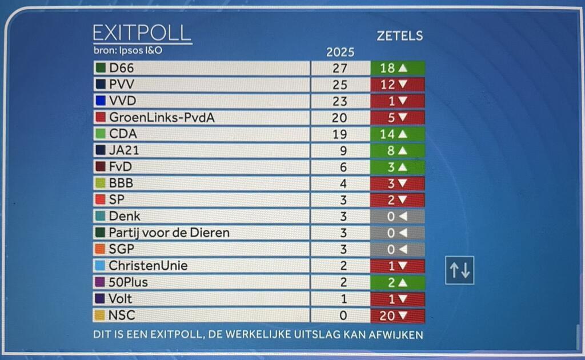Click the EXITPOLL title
[x=142, y=33]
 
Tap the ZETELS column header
[x=399, y=36]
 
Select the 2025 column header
[x=340, y=53]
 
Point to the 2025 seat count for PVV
[x=340, y=85]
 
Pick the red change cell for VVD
[x=398, y=102]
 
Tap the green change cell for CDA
[x=398, y=134]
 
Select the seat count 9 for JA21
[x=340, y=151]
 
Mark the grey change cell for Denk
[x=398, y=217]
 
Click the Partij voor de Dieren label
[x=169, y=233]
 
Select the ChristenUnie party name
[x=148, y=266]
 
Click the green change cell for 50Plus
[x=398, y=282]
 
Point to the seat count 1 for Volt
[x=340, y=299]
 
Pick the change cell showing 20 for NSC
[x=398, y=315]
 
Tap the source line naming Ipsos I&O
[x=128, y=50]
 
